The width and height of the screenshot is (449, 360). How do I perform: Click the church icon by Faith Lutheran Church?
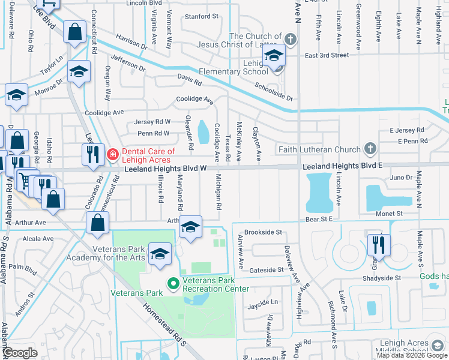[370, 149]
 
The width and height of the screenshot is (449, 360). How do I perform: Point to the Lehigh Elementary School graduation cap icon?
[274, 56]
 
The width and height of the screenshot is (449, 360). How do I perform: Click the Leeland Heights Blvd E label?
[342, 165]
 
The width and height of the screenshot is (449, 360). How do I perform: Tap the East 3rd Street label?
[327, 55]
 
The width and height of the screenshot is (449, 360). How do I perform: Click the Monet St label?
[390, 214]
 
